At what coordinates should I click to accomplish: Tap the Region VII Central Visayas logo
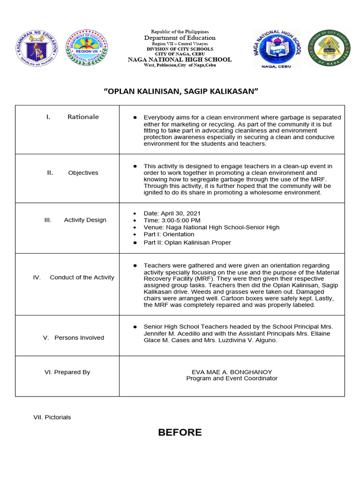pyautogui.click(x=86, y=48)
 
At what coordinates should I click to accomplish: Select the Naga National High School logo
pyautogui.click(x=277, y=49)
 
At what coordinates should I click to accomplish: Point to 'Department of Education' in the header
pyautogui.click(x=180, y=37)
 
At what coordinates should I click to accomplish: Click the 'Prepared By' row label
pyautogui.click(x=67, y=372)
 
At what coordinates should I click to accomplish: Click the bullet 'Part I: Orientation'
pyautogui.click(x=169, y=234)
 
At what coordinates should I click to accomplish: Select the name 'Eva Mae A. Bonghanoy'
pyautogui.click(x=232, y=372)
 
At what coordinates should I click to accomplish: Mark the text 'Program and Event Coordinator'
pyautogui.click(x=232, y=378)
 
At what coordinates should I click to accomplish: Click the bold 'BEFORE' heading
pyautogui.click(x=180, y=432)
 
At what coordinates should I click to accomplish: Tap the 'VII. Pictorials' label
pyautogui.click(x=52, y=417)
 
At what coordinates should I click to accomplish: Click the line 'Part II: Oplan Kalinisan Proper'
pyautogui.click(x=187, y=242)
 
